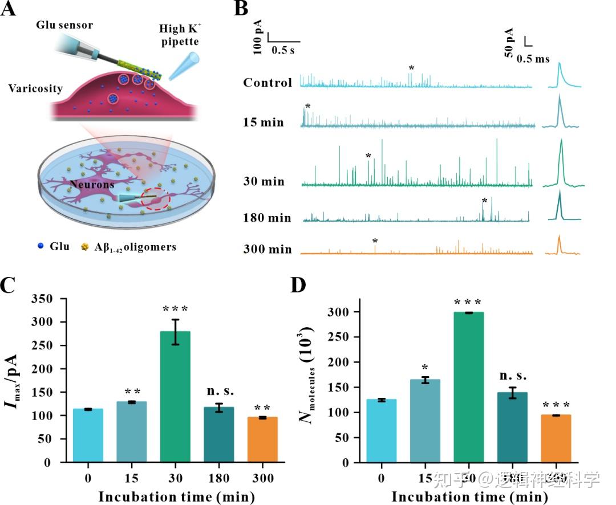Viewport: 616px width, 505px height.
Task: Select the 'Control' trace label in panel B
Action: click(268, 83)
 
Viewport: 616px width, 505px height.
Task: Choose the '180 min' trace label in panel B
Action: click(268, 218)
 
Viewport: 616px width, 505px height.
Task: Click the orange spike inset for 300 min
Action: click(560, 245)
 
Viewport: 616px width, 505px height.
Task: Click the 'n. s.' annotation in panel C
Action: click(219, 392)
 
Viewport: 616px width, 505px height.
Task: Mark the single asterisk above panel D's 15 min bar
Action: click(424, 368)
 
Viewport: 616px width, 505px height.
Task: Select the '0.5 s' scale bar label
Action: click(283, 51)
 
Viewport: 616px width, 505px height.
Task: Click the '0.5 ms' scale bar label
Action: click(533, 59)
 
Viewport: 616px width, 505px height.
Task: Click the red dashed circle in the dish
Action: click(155, 199)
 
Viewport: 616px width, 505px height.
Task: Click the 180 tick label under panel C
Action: click(219, 477)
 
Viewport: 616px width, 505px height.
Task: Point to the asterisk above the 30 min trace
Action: click(368, 156)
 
